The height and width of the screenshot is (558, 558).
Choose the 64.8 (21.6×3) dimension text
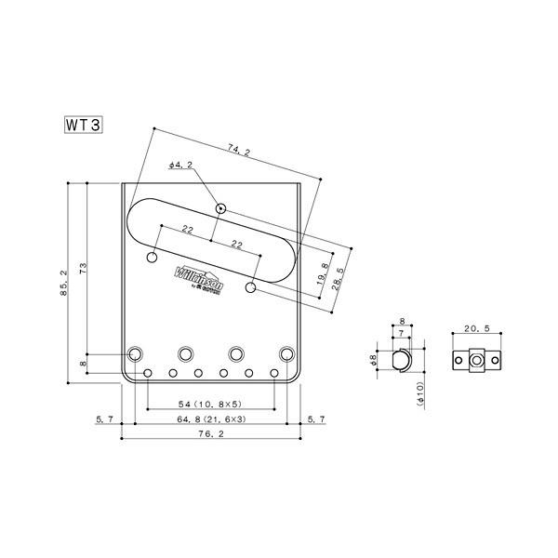point(210,421)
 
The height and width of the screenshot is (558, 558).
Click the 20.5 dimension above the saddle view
point(476,329)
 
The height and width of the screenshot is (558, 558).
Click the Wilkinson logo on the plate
point(196,276)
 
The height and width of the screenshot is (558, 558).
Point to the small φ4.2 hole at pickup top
point(220,207)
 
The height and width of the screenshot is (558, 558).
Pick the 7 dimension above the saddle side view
point(401,332)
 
